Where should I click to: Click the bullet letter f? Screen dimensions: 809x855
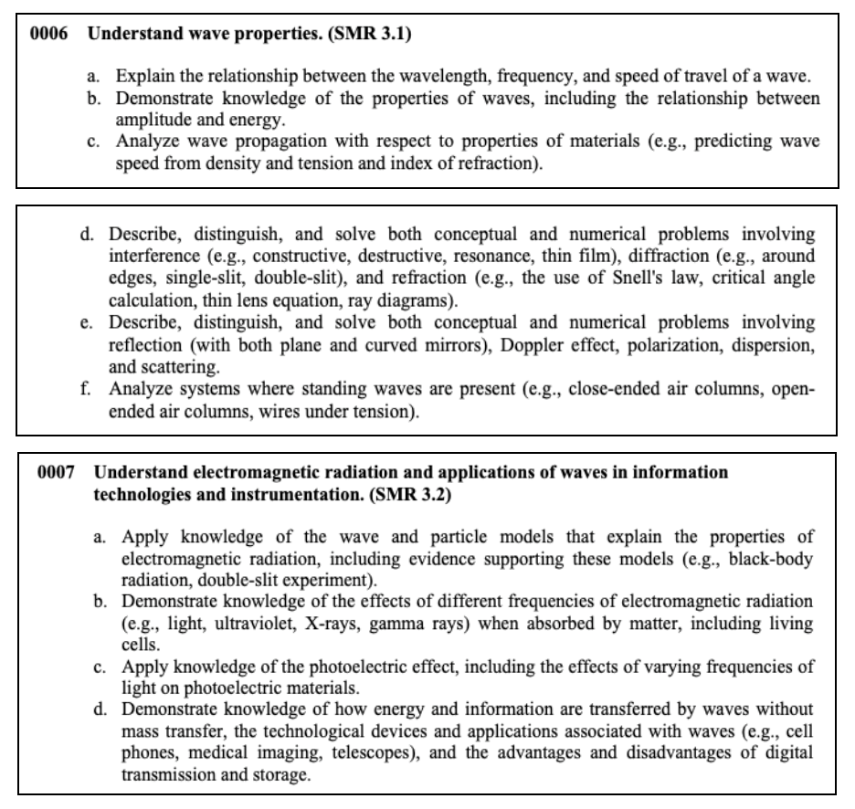84,390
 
